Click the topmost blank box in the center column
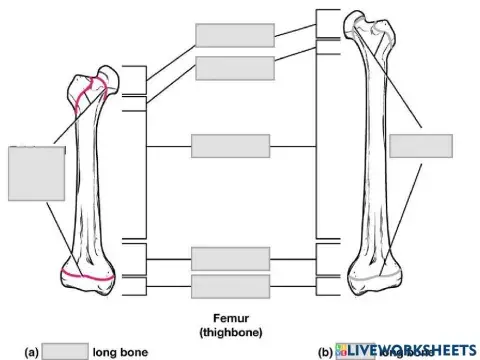(235, 34)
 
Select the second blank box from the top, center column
(235, 68)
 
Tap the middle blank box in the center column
(230, 146)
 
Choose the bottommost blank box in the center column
(230, 287)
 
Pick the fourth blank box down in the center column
(230, 258)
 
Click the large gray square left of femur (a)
(37, 173)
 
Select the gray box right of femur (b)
(420, 145)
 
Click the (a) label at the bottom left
(32, 352)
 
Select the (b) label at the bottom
(325, 352)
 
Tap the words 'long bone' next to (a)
(120, 352)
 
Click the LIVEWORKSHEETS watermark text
(412, 350)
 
